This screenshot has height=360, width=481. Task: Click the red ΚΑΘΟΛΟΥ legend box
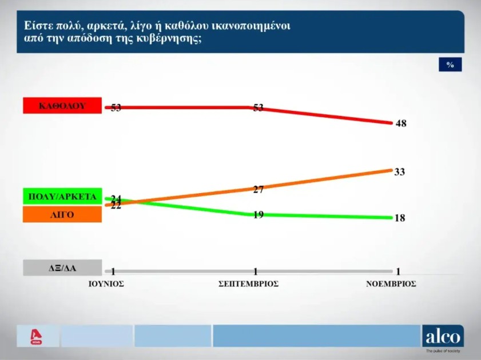62,106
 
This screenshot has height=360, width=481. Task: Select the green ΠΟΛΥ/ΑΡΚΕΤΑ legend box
62,197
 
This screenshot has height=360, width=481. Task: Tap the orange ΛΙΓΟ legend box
62,214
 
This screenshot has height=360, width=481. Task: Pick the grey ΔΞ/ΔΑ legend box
62,268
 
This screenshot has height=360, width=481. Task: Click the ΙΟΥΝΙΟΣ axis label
106,283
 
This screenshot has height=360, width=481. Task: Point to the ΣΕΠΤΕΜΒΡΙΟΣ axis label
249,283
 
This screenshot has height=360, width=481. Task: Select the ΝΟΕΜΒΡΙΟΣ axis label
391,283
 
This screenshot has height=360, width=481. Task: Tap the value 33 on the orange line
400,171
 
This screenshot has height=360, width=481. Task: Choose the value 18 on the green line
400,218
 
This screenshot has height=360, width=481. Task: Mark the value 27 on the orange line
258,190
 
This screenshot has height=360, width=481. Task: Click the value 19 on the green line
258,215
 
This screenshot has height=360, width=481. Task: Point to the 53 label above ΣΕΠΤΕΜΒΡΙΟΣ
258,107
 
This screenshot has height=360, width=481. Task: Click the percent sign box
450,65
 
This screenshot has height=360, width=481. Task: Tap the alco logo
442,335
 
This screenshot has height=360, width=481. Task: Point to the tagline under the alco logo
442,350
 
